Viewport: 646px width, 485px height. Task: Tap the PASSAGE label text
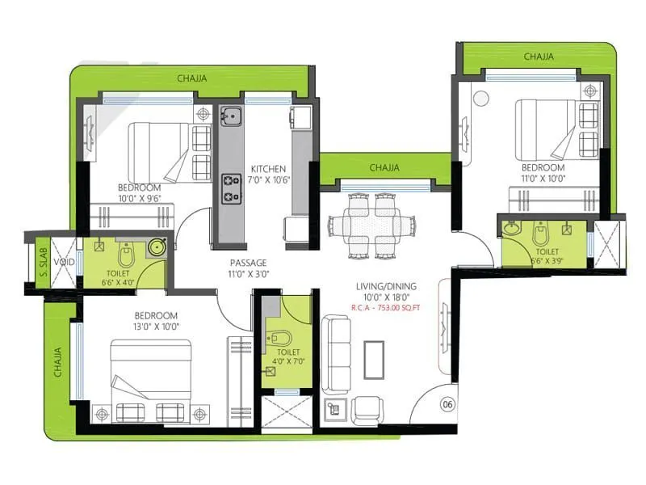(248, 264)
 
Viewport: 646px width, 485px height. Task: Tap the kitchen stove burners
(229, 188)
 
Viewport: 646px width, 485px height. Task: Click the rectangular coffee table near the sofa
(374, 357)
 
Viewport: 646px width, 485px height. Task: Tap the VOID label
(64, 263)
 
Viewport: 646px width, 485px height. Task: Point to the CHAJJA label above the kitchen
(192, 78)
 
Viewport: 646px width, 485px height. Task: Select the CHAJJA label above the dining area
(384, 167)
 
